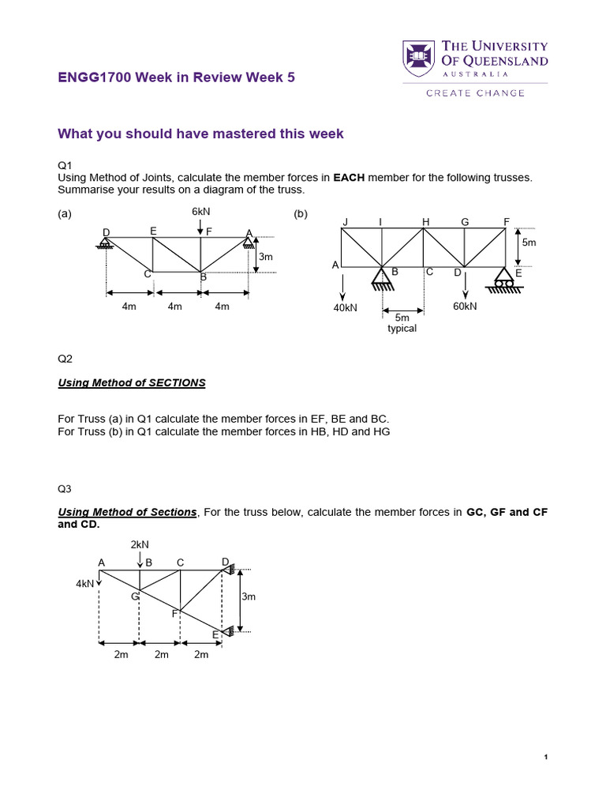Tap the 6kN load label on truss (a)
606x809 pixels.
pos(200,212)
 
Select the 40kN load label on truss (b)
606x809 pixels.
pos(346,307)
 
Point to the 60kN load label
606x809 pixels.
pos(465,307)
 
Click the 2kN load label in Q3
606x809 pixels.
pos(140,544)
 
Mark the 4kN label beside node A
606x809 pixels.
pos(84,584)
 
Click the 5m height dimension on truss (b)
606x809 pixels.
pos(529,243)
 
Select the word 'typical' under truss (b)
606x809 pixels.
pos(402,328)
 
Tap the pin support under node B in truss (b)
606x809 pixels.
pos(383,279)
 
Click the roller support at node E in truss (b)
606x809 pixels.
pos(504,279)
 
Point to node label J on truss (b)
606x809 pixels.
pos(345,222)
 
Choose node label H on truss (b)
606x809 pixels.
pos(425,222)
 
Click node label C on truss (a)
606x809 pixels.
pos(147,274)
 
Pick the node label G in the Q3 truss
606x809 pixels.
pos(135,596)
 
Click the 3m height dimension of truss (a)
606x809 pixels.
pos(266,257)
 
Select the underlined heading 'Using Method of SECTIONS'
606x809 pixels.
pos(132,382)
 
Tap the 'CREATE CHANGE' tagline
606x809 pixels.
pos(475,93)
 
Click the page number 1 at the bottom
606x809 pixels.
pos(546,758)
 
